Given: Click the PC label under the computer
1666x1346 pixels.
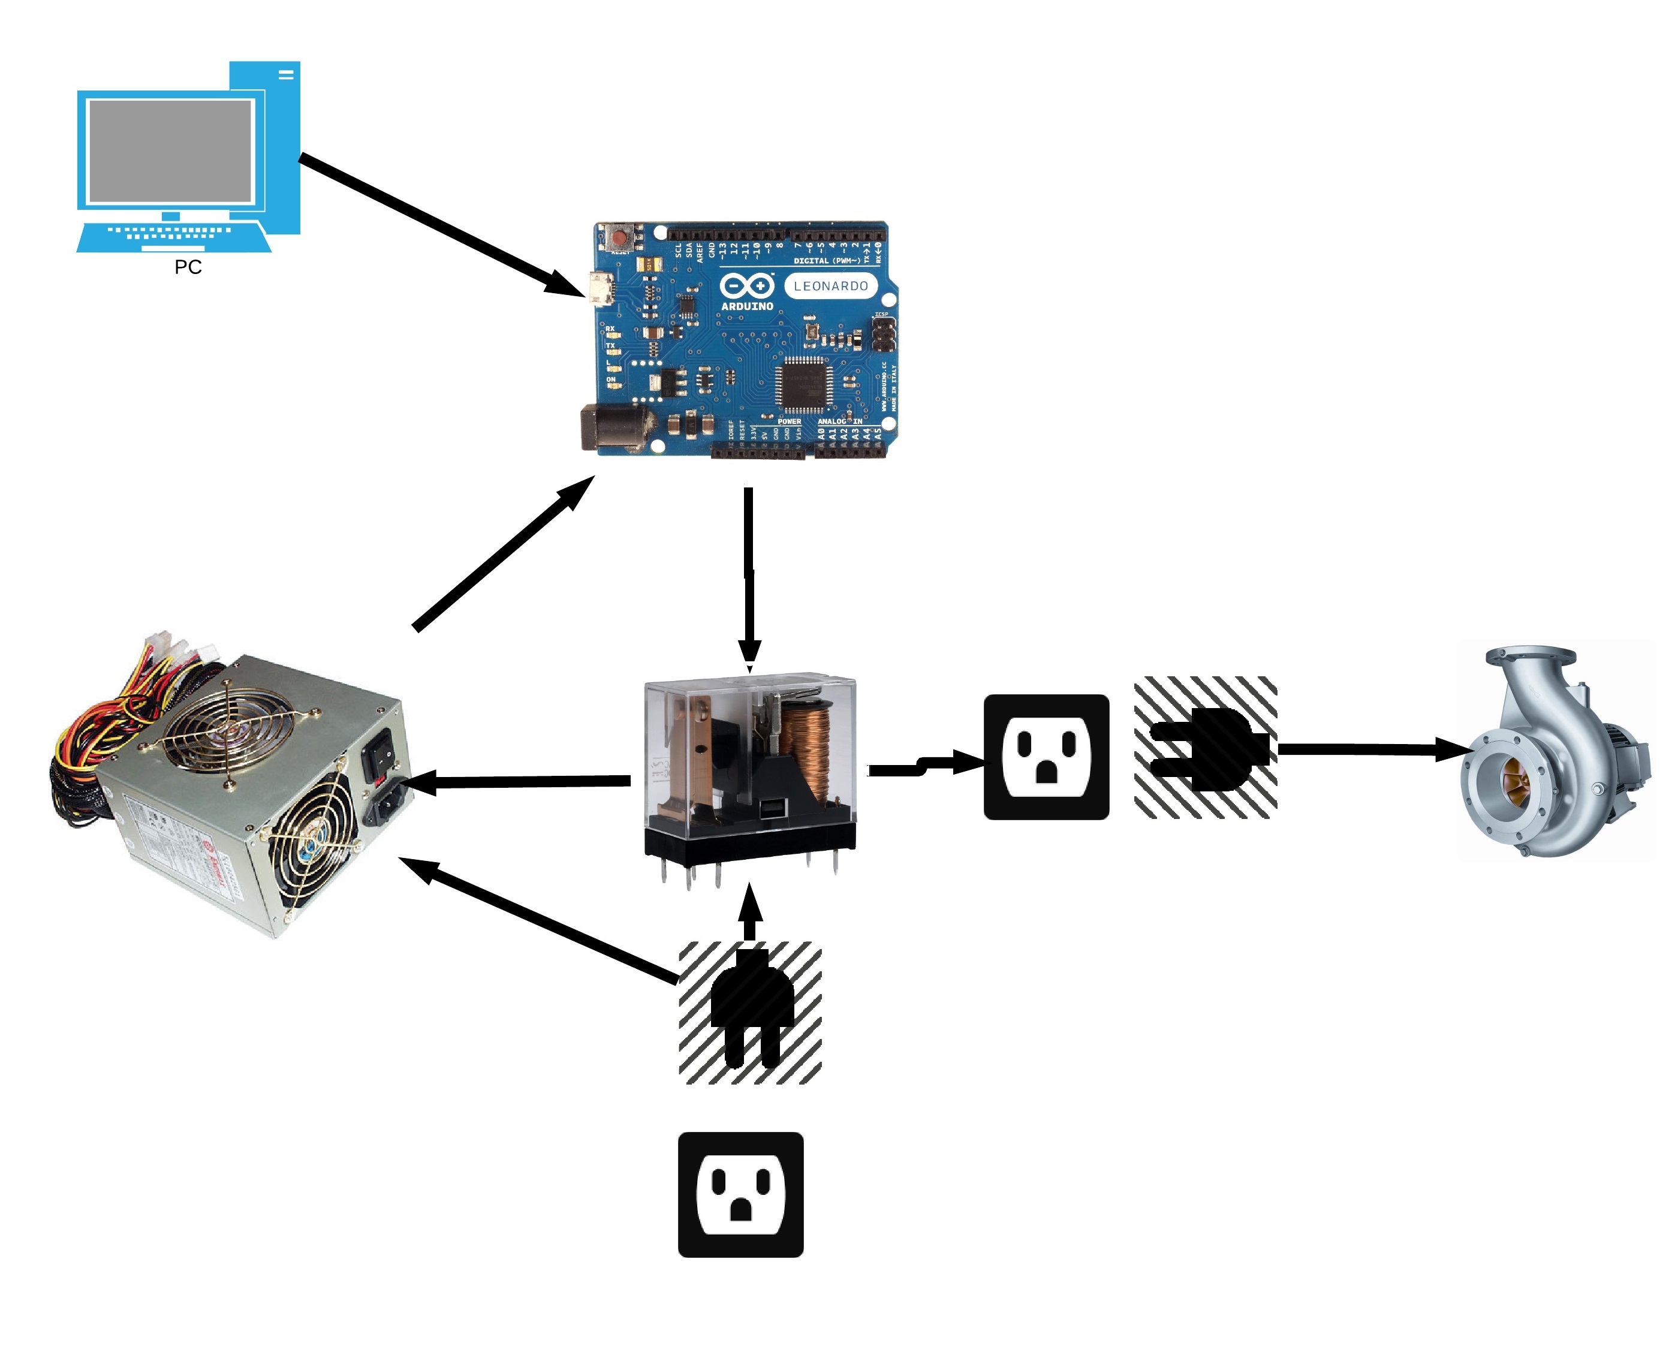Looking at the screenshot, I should click(188, 267).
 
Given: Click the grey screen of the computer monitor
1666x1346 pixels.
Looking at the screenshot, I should click(170, 151).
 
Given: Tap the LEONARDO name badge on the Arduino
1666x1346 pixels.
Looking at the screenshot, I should click(830, 286).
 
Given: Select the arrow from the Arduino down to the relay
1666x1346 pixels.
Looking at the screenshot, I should click(749, 574).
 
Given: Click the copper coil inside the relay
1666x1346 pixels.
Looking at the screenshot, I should click(806, 744).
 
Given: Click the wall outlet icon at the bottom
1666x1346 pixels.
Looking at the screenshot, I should click(740, 1195).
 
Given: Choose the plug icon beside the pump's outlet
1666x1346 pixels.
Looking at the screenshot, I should click(1206, 748).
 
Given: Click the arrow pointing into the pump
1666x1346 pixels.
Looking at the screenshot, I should click(1372, 749).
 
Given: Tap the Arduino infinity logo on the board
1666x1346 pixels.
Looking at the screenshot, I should click(746, 286).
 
